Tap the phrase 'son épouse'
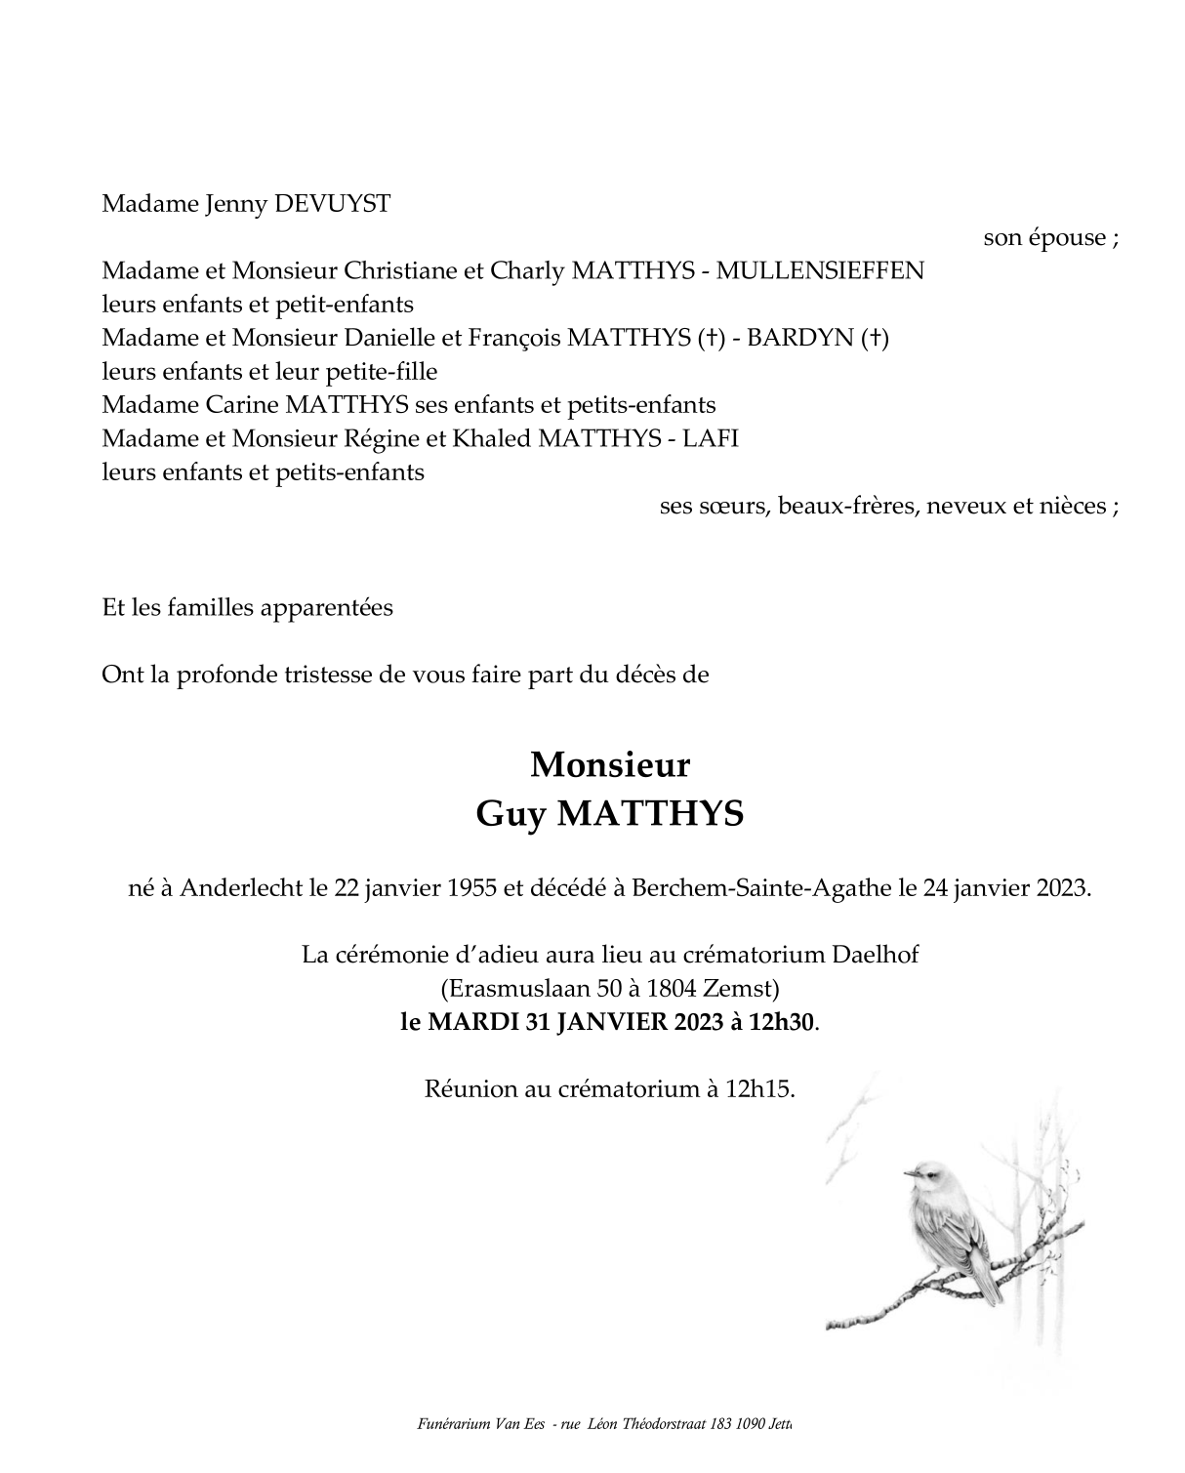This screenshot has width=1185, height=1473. tap(1044, 237)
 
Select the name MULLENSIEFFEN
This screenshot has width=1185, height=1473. tap(820, 270)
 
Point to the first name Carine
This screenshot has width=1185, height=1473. tap(241, 404)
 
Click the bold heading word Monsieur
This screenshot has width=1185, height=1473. tap(610, 765)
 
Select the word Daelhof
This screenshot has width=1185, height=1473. tap(876, 955)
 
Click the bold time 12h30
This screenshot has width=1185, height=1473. tap(782, 1022)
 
